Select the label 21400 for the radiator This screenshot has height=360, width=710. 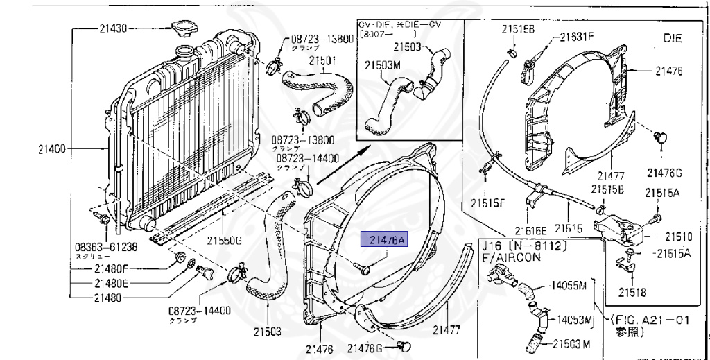click(x=53, y=148)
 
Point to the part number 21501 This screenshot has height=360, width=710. click(x=323, y=60)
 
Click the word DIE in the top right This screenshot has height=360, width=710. click(x=673, y=40)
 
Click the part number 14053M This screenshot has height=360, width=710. click(x=569, y=319)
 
